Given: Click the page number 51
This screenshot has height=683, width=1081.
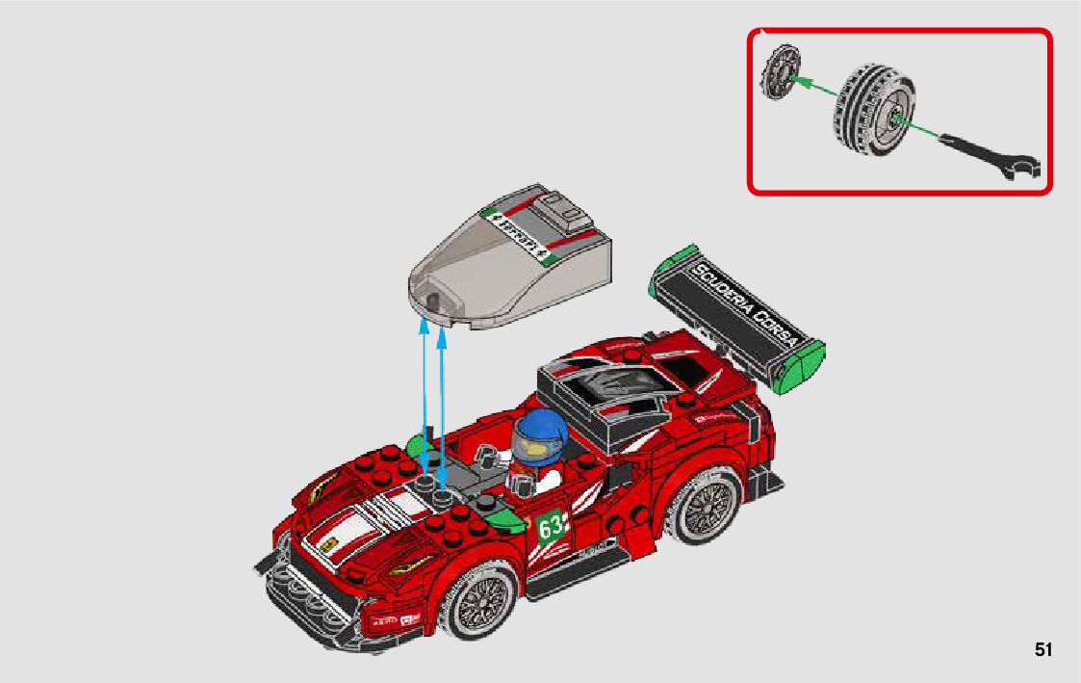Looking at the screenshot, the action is pyautogui.click(x=1043, y=650).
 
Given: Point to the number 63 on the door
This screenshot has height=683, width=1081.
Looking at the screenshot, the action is pyautogui.click(x=552, y=529).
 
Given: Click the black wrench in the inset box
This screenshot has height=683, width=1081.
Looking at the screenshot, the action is pyautogui.click(x=991, y=153).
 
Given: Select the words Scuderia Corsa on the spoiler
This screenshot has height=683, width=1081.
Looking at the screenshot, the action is pyautogui.click(x=746, y=302).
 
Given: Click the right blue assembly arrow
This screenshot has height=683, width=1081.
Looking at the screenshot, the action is pyautogui.click(x=443, y=405).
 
